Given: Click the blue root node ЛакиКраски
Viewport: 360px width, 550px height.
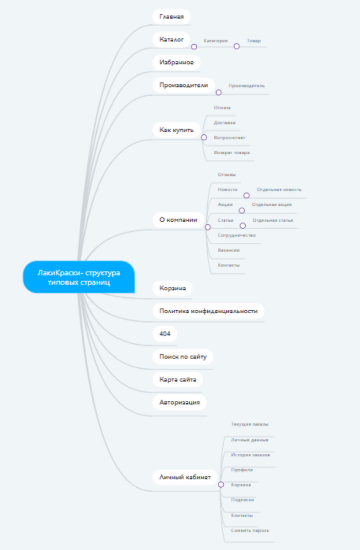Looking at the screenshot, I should click(x=78, y=277).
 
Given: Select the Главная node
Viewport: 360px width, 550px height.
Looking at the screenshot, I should click(x=171, y=16).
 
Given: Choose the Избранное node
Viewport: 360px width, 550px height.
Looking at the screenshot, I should click(x=176, y=62).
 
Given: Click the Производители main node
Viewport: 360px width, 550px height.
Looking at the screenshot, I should click(x=184, y=85).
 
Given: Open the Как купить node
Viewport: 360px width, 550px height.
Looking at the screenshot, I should click(x=176, y=130).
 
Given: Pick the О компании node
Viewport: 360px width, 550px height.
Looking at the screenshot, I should click(x=178, y=220).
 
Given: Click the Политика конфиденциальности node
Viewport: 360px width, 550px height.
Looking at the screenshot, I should click(x=208, y=311).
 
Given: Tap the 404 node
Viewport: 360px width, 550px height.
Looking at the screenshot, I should click(x=165, y=334).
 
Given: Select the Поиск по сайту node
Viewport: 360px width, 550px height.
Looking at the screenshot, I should click(x=183, y=357).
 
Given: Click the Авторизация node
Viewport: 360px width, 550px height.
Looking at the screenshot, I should click(x=179, y=402).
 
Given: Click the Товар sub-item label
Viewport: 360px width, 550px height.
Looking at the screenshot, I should click(x=254, y=40).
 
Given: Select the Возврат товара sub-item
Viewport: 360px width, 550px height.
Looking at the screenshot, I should click(x=232, y=153).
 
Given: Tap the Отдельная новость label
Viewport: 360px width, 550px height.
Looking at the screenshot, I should click(x=279, y=190).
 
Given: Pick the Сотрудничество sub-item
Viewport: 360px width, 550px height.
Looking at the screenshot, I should click(x=237, y=235).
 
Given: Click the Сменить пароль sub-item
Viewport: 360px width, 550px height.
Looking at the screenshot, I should click(x=250, y=530).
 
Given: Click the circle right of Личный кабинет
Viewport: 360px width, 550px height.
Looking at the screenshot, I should click(x=221, y=485).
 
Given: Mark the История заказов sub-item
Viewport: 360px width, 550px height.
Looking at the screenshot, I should click(x=250, y=455).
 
